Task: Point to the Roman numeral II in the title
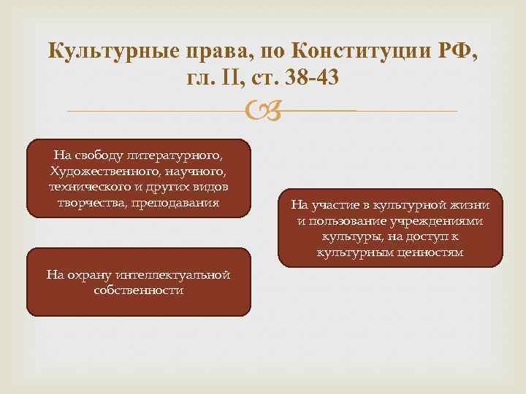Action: [x=236, y=78]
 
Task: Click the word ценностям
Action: [x=431, y=252]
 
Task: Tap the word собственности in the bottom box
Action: [x=139, y=290]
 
